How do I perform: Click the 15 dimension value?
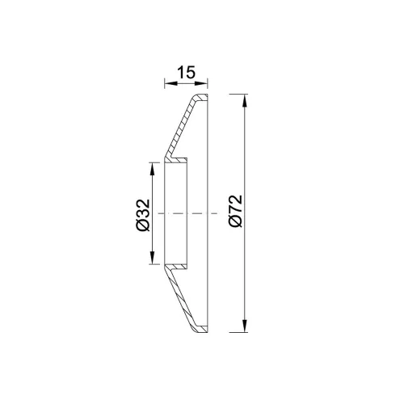186,73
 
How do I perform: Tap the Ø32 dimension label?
143,215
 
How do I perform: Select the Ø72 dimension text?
235,211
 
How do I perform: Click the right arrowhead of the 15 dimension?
201,83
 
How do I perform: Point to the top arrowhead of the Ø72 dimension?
245,101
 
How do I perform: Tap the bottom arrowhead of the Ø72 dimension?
245,326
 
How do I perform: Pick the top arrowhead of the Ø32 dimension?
153,170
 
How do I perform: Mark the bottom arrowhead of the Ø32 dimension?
153,257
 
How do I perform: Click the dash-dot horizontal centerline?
187,213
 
